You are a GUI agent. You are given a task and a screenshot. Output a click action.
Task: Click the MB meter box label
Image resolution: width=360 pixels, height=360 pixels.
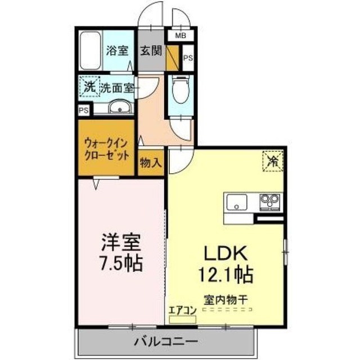[181, 35]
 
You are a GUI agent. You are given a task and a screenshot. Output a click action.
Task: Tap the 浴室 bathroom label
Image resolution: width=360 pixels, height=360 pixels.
[117, 51]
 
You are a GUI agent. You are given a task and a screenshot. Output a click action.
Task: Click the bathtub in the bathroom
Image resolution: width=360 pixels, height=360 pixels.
[91, 51]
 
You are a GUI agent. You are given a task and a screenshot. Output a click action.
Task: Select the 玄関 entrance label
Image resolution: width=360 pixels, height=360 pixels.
[151, 51]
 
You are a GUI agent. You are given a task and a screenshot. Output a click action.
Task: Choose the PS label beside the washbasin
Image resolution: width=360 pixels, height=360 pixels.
[84, 111]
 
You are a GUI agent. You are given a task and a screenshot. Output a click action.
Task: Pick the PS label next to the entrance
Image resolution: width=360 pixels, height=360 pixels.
[188, 58]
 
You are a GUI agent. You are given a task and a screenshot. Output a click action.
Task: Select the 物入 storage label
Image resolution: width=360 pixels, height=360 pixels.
[151, 163]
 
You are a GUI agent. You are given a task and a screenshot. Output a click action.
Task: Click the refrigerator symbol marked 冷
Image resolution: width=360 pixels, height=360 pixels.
[273, 161]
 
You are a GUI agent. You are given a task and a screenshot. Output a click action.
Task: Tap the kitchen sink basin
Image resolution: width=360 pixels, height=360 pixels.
[236, 202]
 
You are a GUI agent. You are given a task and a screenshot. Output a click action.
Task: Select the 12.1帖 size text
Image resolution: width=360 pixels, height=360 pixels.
[226, 274]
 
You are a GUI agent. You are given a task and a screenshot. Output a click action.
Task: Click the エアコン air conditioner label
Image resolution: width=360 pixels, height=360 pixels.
[183, 310]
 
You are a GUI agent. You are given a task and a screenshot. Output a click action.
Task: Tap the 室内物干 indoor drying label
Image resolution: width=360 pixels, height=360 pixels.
[226, 300]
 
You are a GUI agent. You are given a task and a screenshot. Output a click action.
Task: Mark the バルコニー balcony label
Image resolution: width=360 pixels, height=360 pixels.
[166, 342]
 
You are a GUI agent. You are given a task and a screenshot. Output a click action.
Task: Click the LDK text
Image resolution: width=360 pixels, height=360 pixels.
[226, 253]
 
